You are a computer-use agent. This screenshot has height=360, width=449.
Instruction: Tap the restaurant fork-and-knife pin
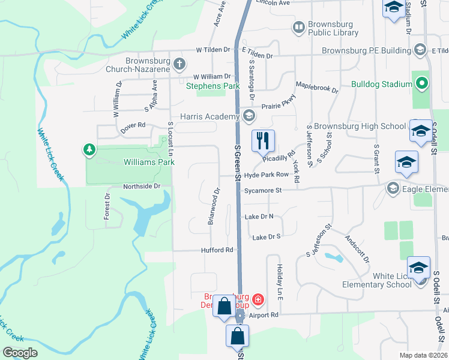(262, 140)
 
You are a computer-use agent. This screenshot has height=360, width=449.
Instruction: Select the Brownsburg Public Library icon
(298, 26)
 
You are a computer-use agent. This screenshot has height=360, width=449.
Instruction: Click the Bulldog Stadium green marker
(422, 83)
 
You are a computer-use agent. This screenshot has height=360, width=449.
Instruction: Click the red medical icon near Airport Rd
(258, 298)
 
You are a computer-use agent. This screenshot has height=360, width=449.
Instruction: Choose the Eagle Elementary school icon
(393, 189)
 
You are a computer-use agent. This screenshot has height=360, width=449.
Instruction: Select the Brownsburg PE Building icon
(420, 50)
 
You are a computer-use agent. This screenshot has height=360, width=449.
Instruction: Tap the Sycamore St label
(263, 190)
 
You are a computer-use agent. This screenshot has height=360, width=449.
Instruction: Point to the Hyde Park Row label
(267, 175)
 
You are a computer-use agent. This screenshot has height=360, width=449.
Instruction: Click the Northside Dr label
(142, 186)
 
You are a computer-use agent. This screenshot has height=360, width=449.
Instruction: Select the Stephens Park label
(212, 86)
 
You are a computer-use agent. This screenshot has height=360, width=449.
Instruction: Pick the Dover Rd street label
(133, 125)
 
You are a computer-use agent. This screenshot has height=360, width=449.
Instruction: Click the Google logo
(20, 353)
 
